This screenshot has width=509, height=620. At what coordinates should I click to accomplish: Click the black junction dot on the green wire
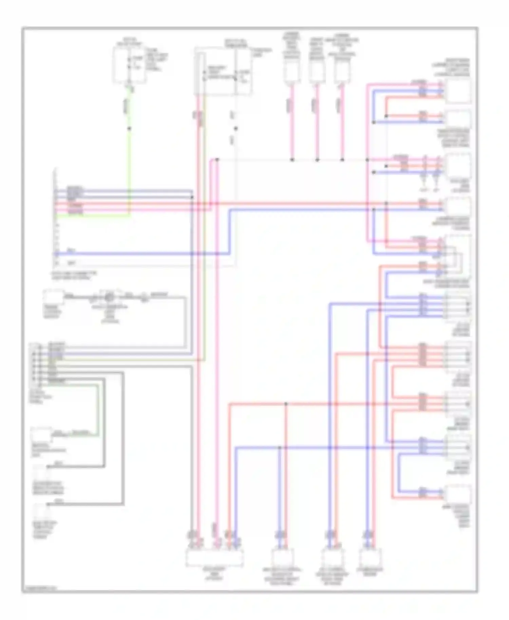coord(129,129)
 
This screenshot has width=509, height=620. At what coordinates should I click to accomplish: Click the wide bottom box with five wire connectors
coord(214,558)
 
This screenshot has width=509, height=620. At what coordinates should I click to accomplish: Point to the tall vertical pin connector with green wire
coord(56,217)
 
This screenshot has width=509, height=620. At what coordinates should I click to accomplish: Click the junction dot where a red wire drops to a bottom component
coord(286,404)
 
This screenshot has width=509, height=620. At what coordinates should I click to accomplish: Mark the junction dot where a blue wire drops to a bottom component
coord(280,448)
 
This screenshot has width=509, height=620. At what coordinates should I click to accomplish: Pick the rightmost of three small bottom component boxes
coord(371,558)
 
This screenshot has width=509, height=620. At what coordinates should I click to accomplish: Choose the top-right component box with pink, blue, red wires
coord(458,91)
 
